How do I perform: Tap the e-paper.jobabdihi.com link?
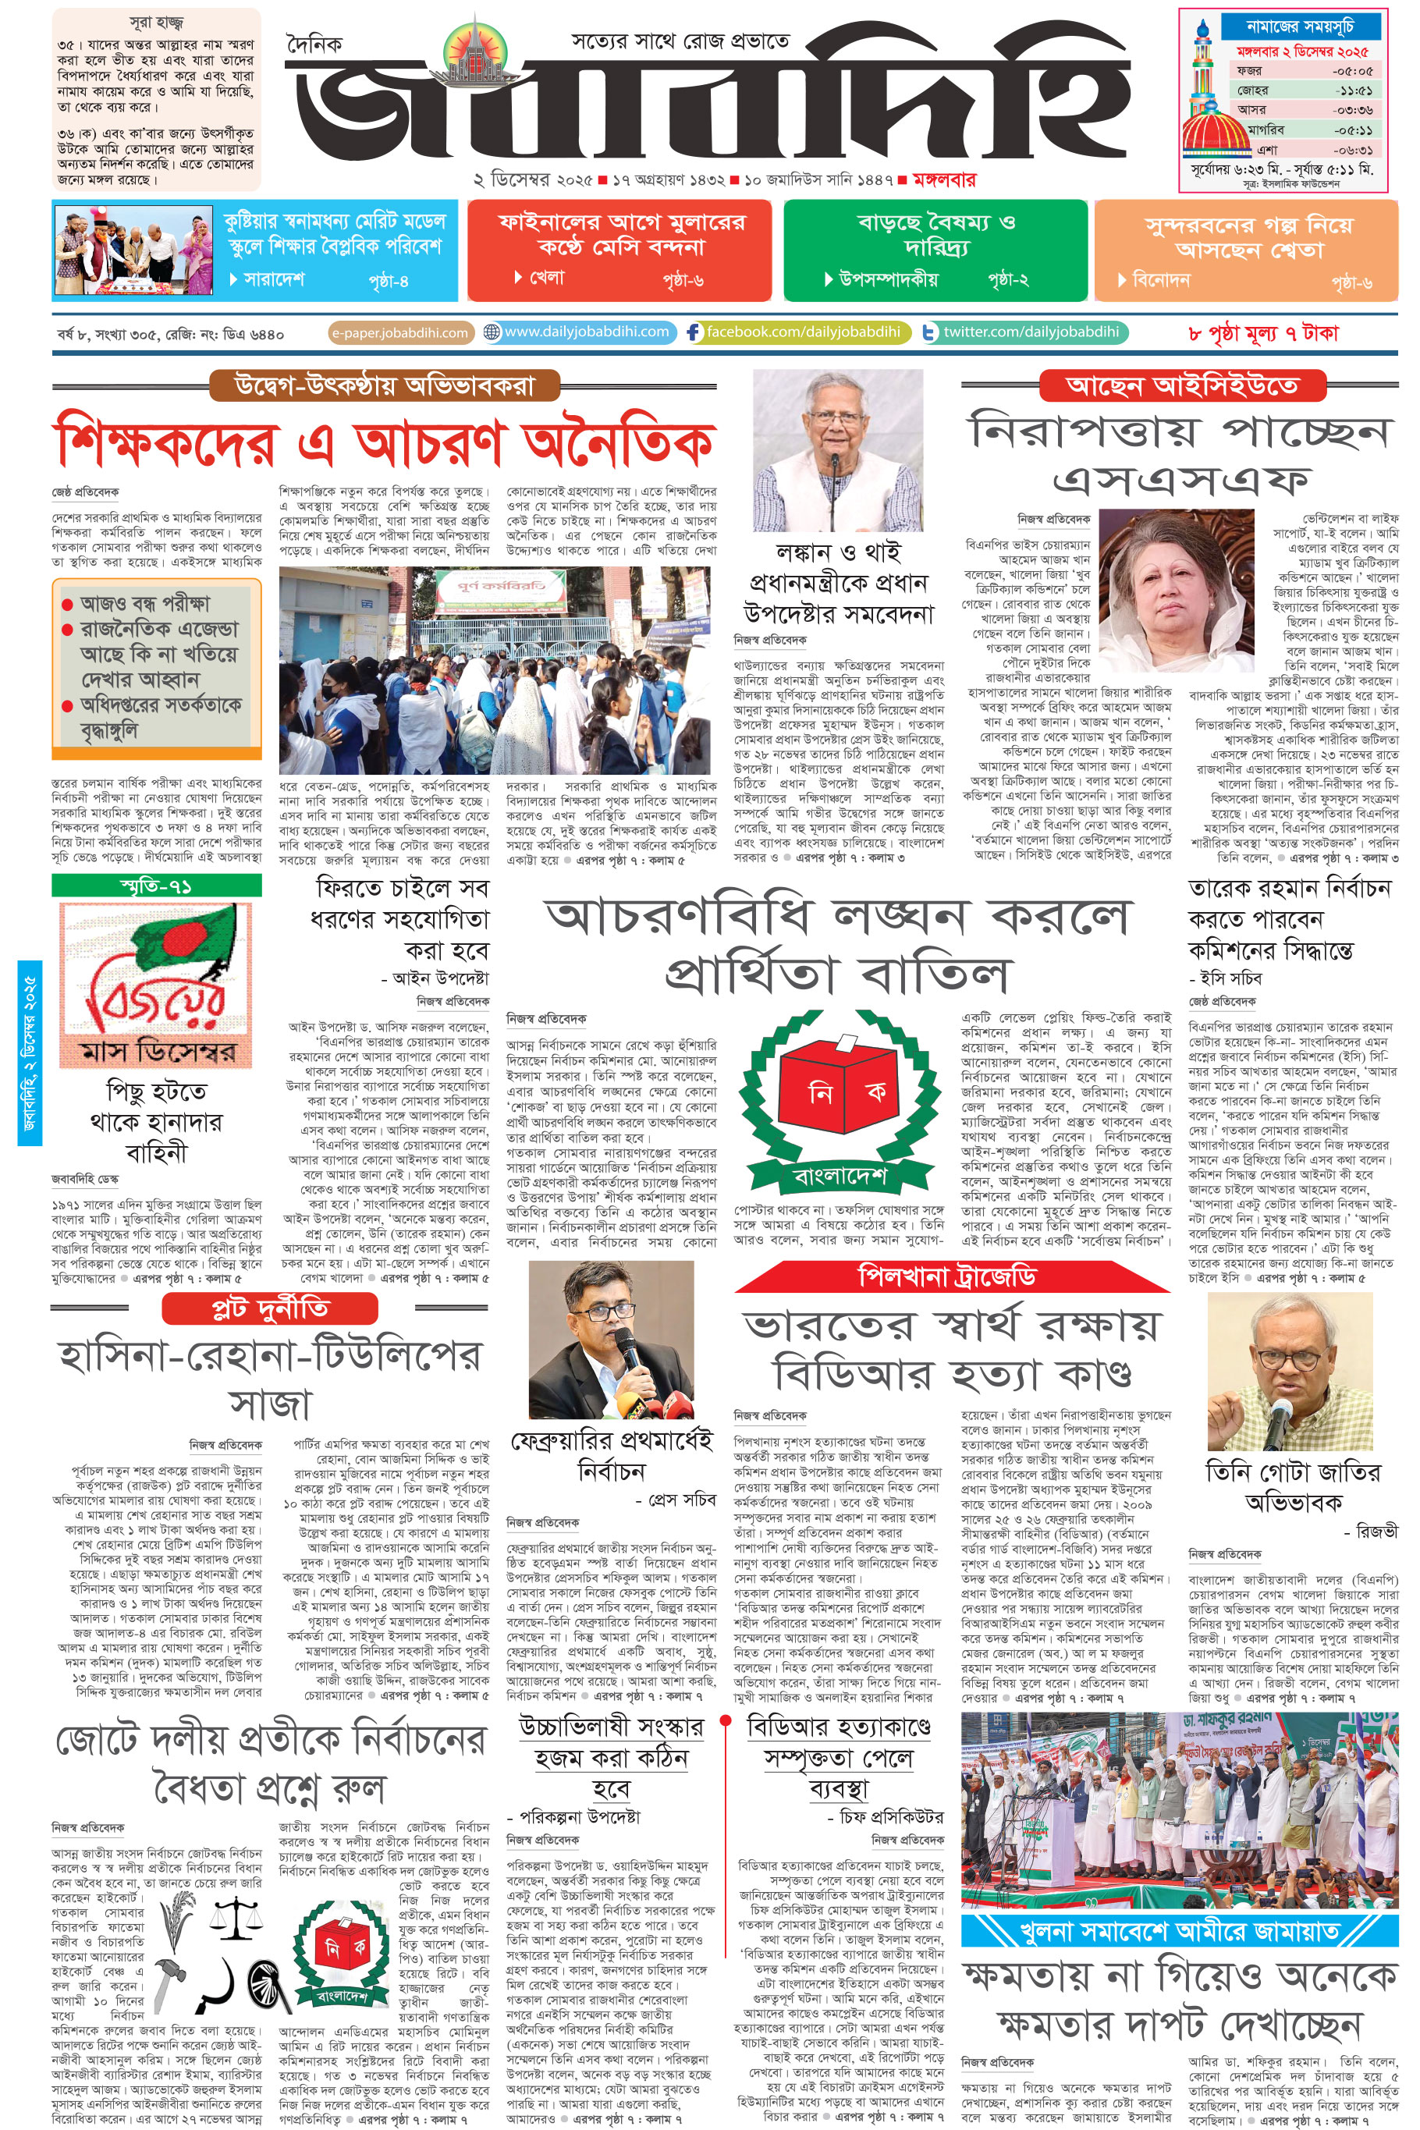[399, 332]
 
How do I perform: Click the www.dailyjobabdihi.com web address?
[580, 332]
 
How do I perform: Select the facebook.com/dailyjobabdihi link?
[797, 332]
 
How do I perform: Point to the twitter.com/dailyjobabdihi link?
[1024, 332]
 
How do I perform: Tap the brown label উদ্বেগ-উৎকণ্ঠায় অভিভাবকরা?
[385, 385]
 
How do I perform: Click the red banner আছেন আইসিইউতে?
[1181, 385]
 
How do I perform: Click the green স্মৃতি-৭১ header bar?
[157, 885]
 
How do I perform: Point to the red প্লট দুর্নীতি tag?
[269, 1308]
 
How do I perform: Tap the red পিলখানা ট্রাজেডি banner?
[946, 1277]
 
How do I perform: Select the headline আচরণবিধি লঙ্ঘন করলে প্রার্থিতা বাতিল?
[838, 946]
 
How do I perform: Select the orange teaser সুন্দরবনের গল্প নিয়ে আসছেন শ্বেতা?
[1246, 250]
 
